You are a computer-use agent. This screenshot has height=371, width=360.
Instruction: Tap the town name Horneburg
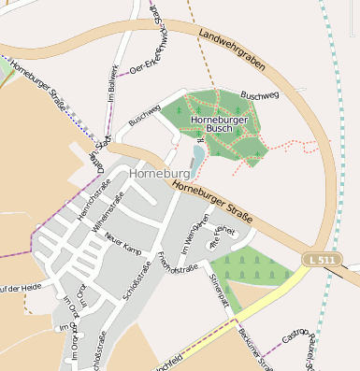[163, 174]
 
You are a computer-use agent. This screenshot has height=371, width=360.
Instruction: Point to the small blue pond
[197, 155]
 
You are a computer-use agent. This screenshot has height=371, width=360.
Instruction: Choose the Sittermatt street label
[221, 291]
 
